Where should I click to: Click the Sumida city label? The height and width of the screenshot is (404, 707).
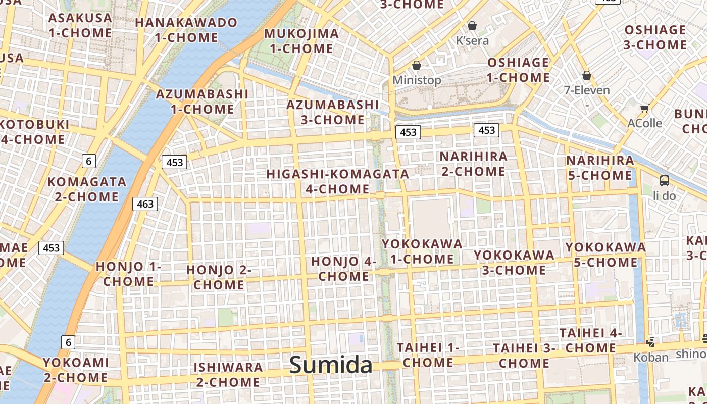(x=331, y=365)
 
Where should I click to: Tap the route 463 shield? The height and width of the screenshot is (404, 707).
(x=145, y=204)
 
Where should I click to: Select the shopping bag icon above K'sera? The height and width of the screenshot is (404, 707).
(x=472, y=25)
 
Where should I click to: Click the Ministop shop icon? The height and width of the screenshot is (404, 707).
(x=417, y=65)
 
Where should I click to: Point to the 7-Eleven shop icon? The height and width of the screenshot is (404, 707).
(x=586, y=76)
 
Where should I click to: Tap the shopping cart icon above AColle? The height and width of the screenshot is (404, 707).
(x=644, y=108)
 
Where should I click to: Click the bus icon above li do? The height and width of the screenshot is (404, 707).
(x=665, y=181)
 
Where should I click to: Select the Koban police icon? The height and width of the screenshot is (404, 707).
(x=651, y=342)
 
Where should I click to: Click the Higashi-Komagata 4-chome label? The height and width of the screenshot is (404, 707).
(x=338, y=181)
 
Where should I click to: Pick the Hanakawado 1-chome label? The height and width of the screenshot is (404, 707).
(x=186, y=30)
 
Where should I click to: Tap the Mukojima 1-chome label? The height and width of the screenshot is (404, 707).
(x=301, y=41)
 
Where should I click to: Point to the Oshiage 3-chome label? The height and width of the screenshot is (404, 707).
(x=655, y=37)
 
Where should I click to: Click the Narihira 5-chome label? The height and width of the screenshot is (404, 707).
(x=600, y=168)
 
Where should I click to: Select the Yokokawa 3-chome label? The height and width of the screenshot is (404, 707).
(x=514, y=262)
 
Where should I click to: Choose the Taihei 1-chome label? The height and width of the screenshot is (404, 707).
(x=428, y=355)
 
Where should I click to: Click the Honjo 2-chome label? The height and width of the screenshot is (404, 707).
(x=219, y=277)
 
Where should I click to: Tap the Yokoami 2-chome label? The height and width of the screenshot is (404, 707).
(x=76, y=370)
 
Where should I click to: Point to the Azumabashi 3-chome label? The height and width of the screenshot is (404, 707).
(x=332, y=112)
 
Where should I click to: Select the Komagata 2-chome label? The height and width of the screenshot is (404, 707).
(x=87, y=189)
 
